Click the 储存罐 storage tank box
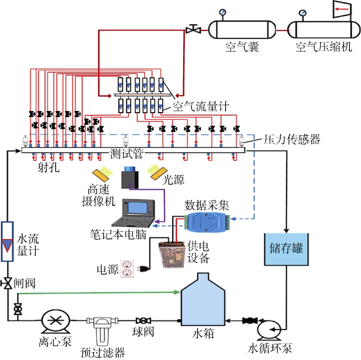(x=286, y=249)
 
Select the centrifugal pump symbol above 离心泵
(x=56, y=321)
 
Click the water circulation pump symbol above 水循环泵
(x=269, y=329)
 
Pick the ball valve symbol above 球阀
(x=143, y=321)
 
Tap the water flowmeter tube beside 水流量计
(x=7, y=241)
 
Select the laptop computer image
(x=133, y=213)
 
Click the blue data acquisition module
(x=207, y=222)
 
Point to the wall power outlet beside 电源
(x=127, y=268)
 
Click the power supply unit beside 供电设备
(x=172, y=255)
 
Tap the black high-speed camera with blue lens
(x=130, y=178)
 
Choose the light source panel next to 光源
(x=157, y=171)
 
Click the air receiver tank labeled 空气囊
(x=242, y=29)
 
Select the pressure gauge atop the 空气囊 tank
(x=223, y=12)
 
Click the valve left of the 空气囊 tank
(x=193, y=29)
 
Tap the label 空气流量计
(x=200, y=106)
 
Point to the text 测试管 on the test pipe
(x=127, y=153)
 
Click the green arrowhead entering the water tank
(x=177, y=292)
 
